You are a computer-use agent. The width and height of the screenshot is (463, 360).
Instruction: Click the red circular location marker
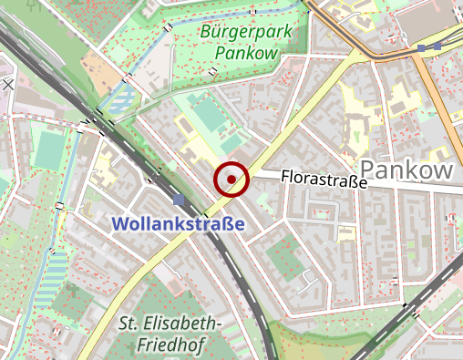click(x=231, y=179)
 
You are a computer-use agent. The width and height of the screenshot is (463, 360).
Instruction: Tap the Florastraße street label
click(x=324, y=178)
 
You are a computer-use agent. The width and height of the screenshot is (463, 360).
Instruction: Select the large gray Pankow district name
click(x=406, y=170)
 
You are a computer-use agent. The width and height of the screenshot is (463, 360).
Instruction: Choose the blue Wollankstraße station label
click(x=178, y=224)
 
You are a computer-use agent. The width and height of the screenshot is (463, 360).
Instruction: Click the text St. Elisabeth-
click(x=170, y=324)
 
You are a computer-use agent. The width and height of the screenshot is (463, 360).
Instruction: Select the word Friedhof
click(x=171, y=344)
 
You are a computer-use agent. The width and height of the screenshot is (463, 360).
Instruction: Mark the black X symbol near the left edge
click(x=8, y=84)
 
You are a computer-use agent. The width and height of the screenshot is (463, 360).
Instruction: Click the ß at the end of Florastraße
click(x=351, y=181)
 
